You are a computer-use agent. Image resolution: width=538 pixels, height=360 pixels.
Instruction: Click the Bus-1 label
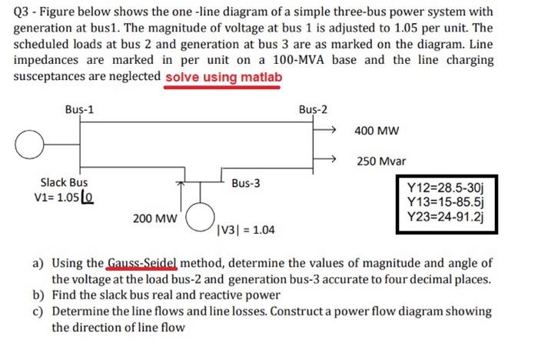coord(80,108)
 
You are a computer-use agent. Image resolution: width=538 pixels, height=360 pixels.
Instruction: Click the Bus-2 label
coord(312,108)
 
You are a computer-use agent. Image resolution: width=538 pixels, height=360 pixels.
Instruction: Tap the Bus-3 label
coord(245,184)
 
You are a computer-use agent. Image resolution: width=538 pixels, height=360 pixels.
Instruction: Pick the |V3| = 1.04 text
coord(247,229)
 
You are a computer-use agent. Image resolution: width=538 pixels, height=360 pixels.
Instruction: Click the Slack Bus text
coord(64,182)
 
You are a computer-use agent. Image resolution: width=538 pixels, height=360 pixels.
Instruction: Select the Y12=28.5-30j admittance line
coord(447,187)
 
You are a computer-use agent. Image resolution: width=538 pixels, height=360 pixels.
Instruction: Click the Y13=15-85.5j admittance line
coord(447,202)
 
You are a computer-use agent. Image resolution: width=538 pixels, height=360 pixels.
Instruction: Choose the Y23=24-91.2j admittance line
coord(447,216)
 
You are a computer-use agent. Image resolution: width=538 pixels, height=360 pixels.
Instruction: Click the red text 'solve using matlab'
coord(223,77)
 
